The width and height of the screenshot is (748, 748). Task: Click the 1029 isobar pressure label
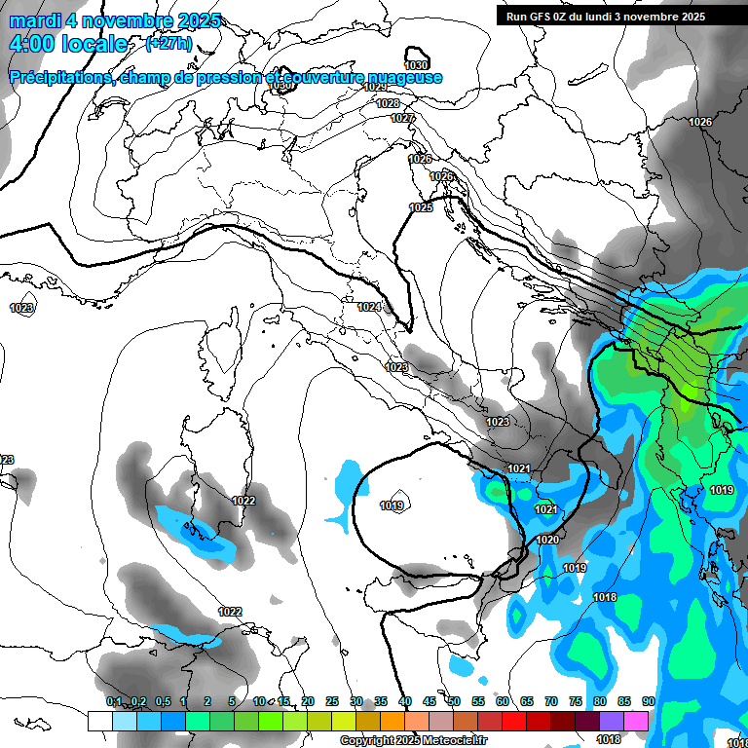[375, 88]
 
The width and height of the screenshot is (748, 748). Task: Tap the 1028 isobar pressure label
[388, 103]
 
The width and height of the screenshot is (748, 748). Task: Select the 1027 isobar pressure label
[402, 118]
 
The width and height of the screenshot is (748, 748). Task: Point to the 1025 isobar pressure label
[421, 207]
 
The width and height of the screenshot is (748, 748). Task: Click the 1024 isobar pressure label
[368, 307]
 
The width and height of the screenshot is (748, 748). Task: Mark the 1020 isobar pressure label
[548, 540]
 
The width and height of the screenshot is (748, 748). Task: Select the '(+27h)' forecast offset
[168, 44]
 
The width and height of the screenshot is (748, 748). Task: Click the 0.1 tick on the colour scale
[114, 701]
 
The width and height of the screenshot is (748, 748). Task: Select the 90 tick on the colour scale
[648, 701]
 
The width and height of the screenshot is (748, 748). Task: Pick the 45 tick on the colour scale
[430, 701]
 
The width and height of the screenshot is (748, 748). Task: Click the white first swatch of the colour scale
[100, 721]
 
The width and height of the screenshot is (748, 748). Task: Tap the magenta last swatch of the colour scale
[636, 721]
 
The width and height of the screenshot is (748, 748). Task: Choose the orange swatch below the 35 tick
[393, 721]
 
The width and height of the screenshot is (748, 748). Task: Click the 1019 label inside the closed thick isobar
[393, 505]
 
